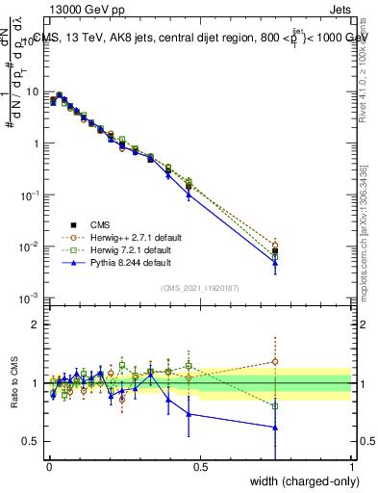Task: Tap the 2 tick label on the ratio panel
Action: click(38, 324)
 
